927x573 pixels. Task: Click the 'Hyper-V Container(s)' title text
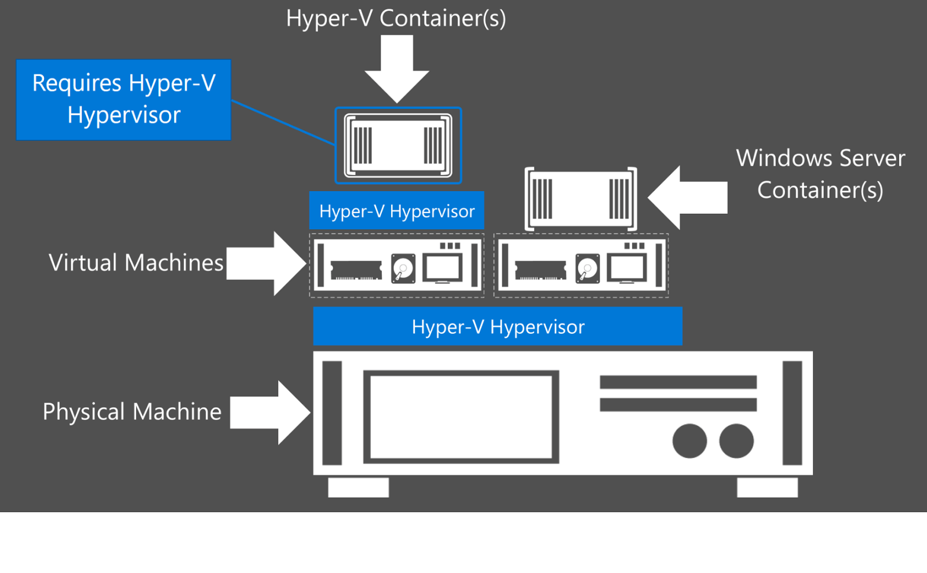tap(396, 19)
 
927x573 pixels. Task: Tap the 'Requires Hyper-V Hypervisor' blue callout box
tap(123, 100)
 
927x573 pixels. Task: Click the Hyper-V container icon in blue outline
tap(398, 145)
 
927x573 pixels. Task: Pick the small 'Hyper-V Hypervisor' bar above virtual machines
tap(397, 211)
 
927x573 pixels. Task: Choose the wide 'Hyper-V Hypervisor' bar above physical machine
tap(498, 327)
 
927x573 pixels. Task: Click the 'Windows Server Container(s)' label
tap(820, 174)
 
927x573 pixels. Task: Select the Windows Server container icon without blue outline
tap(581, 199)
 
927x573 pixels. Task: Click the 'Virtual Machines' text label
tap(136, 263)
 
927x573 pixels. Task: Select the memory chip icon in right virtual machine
tap(540, 270)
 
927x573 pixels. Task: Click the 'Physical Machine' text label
tap(132, 412)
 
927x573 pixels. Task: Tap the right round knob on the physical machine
tap(736, 441)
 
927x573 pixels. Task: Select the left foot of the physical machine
tap(358, 487)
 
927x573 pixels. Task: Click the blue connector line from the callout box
tap(283, 122)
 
